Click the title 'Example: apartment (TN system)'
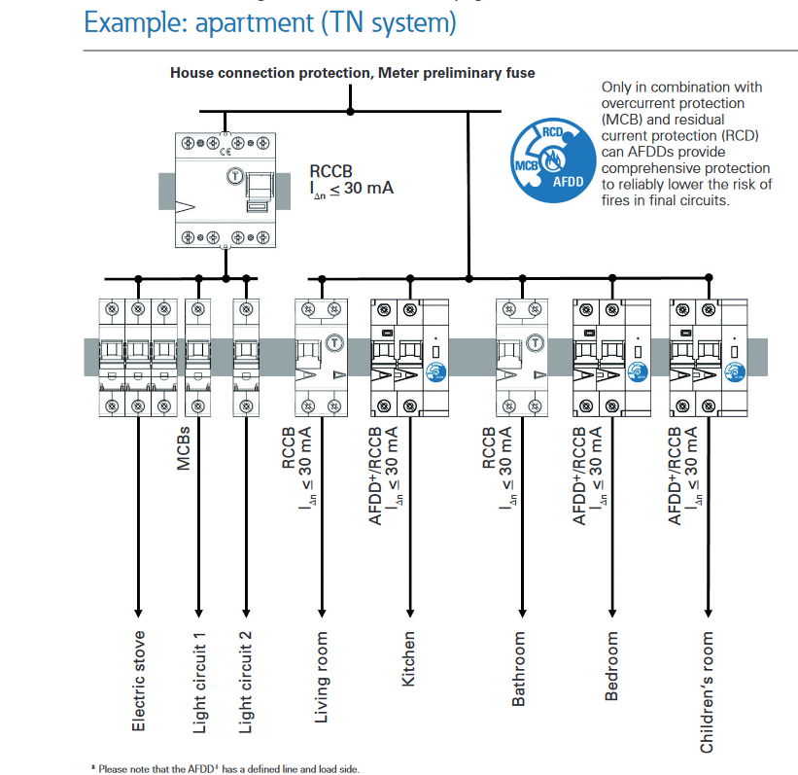pyautogui.click(x=270, y=22)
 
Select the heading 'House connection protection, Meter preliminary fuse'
pyautogui.click(x=352, y=73)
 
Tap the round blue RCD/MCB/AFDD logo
pyautogui.click(x=553, y=160)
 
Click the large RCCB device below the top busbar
pyautogui.click(x=226, y=191)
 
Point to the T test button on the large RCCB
pyautogui.click(x=234, y=177)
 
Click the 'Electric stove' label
pyautogui.click(x=138, y=681)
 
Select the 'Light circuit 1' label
pyautogui.click(x=199, y=683)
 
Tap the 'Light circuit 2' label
pyautogui.click(x=245, y=683)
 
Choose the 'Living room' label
pyautogui.click(x=321, y=677)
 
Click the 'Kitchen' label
pyautogui.click(x=408, y=659)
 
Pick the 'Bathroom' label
pyautogui.click(x=518, y=669)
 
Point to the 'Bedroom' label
pyautogui.click(x=611, y=666)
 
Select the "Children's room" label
pyautogui.click(x=707, y=692)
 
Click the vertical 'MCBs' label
pyautogui.click(x=183, y=448)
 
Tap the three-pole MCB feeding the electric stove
pyautogui.click(x=138, y=358)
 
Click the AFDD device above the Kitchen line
pyautogui.click(x=409, y=358)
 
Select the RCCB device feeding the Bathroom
pyautogui.click(x=522, y=358)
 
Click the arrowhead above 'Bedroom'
pyautogui.click(x=612, y=613)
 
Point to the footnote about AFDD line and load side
pyautogui.click(x=226, y=769)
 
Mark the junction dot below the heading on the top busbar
pyautogui.click(x=350, y=111)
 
